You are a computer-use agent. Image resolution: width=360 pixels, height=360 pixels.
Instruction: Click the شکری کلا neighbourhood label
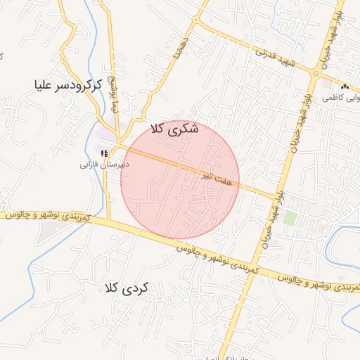click(175, 129)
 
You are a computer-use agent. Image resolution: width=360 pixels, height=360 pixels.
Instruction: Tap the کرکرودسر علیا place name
click(68, 86)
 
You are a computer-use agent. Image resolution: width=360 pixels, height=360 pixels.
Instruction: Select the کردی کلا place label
click(127, 288)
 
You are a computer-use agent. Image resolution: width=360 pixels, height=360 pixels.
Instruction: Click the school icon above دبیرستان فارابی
click(104, 153)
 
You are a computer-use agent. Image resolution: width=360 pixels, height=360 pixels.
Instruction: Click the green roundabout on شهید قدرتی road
click(316, 73)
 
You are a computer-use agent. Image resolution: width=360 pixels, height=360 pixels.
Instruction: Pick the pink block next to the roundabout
click(325, 84)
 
